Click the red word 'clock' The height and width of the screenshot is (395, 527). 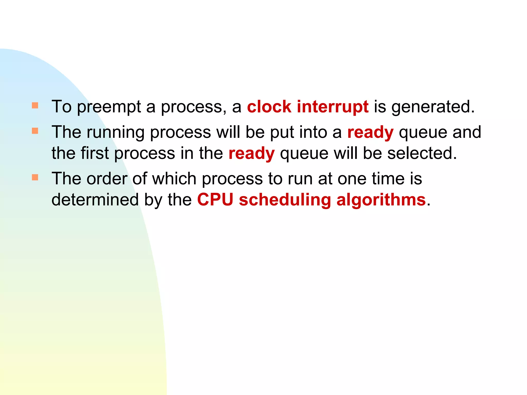[269, 107]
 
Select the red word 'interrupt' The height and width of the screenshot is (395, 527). [333, 107]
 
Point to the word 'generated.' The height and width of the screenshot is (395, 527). [433, 107]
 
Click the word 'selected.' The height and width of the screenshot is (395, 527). [422, 153]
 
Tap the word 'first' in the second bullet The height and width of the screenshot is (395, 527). [95, 153]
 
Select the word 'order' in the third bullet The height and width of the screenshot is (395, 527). [107, 179]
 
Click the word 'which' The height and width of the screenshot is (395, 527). [174, 179]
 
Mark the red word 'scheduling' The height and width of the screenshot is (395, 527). [285, 200]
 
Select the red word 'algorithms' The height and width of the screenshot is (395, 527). [381, 200]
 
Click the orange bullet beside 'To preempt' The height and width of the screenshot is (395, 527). [35, 105]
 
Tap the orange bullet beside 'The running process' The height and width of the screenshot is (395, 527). [35, 131]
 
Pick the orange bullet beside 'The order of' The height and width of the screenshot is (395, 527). [35, 177]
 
